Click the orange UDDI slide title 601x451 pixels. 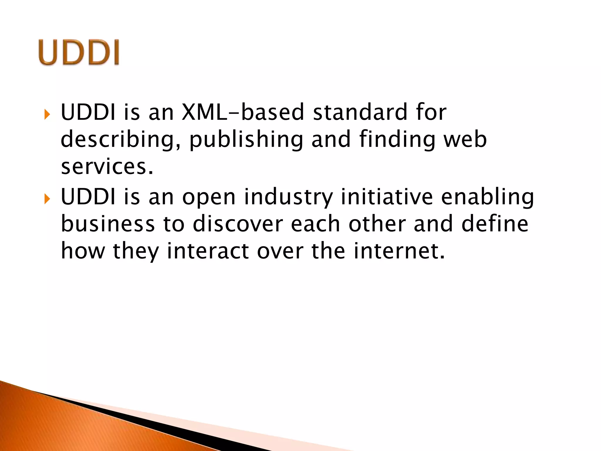click(x=79, y=52)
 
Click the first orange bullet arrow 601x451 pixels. click(x=47, y=114)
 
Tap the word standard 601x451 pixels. click(x=360, y=112)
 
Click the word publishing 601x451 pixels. click(x=246, y=140)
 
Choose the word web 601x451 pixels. click(x=465, y=140)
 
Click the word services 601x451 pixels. click(x=107, y=167)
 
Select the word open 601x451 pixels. click(x=209, y=197)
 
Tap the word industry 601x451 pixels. click(x=289, y=197)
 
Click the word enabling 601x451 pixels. click(x=487, y=197)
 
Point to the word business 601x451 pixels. click(x=108, y=224)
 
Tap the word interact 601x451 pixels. click(x=208, y=251)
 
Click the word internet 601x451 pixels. click(x=399, y=251)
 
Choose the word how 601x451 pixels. click(x=83, y=251)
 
